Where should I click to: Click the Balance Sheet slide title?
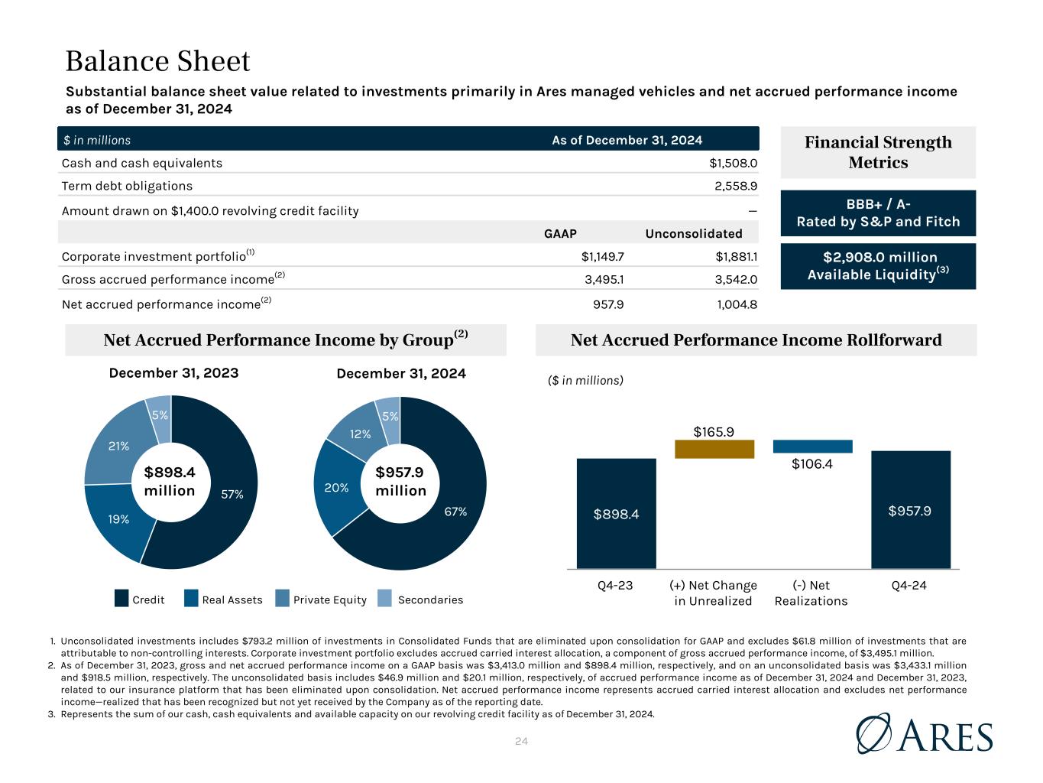tap(157, 61)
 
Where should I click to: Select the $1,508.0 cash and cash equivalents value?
tap(733, 163)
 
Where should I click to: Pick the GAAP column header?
tap(559, 234)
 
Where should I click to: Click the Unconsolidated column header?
tap(693, 234)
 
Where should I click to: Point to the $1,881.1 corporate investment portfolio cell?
tap(733, 257)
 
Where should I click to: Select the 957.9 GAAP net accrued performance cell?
tap(608, 304)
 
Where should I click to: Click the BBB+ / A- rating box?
tap(878, 213)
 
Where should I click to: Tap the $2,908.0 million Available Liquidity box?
tap(878, 265)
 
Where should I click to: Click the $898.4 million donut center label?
tap(170, 482)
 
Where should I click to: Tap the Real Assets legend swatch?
tap(192, 599)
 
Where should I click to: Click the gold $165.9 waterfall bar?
tap(714, 449)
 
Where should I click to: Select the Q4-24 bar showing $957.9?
tap(910, 510)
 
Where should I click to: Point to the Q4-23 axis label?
tap(615, 586)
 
